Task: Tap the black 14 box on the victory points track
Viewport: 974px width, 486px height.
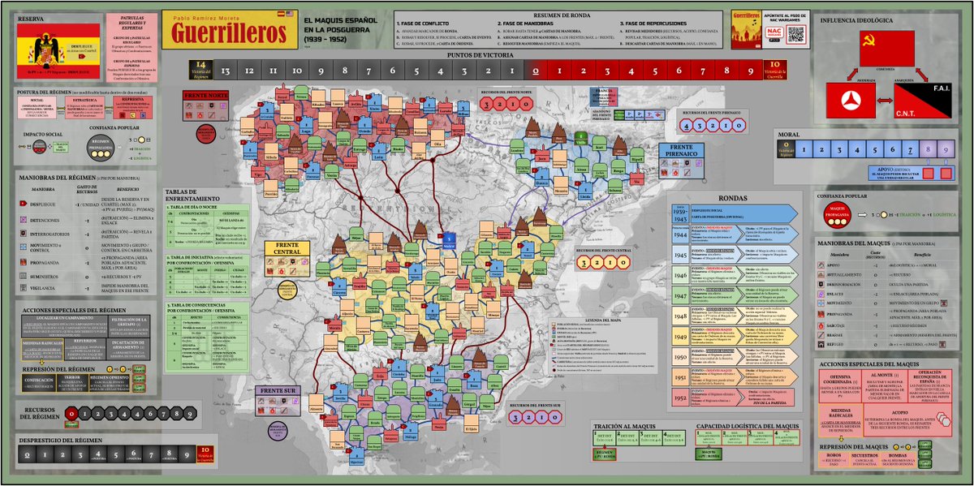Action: point(202,71)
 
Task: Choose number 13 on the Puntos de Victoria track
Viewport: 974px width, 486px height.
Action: point(226,71)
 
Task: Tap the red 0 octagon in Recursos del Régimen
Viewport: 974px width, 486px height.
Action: point(72,414)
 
